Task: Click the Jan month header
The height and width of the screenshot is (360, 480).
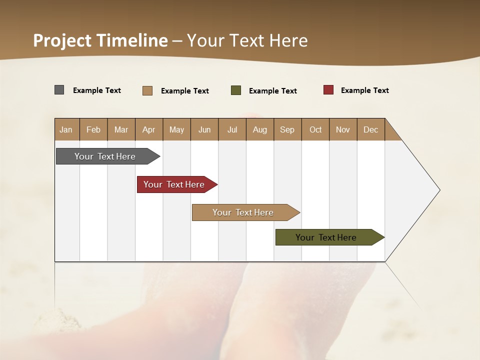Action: [x=66, y=129]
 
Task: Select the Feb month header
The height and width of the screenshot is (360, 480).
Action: [x=93, y=129]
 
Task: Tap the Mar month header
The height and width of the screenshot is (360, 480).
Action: [x=121, y=129]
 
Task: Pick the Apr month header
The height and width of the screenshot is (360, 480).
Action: [x=149, y=129]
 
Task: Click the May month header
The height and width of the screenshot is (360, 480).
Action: [x=176, y=129]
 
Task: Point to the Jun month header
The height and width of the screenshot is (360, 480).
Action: [x=204, y=129]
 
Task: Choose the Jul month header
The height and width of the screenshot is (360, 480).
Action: [x=232, y=129]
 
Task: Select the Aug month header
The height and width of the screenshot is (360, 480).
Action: [x=260, y=129]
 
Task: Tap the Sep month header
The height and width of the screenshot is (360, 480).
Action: [x=287, y=129]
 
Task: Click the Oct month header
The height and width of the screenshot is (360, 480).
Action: [x=315, y=129]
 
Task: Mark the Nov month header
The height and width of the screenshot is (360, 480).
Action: [x=343, y=129]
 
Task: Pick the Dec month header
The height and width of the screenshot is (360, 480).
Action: [x=371, y=129]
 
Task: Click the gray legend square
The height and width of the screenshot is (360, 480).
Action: [x=59, y=90]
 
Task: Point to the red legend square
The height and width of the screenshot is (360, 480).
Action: [x=328, y=90]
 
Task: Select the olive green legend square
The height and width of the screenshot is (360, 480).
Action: [x=236, y=90]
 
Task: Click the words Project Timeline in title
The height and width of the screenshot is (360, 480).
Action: [x=100, y=40]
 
